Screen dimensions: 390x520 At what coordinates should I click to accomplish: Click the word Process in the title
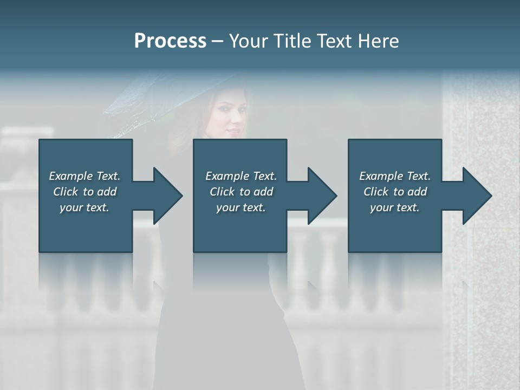[x=170, y=41]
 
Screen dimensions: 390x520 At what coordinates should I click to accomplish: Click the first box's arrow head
[x=167, y=196]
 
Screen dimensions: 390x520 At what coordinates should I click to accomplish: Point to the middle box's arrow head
[x=322, y=196]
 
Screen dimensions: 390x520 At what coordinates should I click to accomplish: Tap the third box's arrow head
[x=477, y=196]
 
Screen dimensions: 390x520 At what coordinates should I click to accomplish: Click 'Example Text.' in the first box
[x=84, y=176]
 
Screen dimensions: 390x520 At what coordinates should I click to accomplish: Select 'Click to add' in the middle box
[x=241, y=192]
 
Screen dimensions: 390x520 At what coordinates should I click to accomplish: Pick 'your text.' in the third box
[x=395, y=207]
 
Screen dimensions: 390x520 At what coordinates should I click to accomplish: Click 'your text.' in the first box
[x=84, y=207]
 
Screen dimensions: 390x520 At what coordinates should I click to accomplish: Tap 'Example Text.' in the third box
[x=395, y=176]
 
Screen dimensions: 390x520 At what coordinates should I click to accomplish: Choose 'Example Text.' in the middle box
[x=241, y=176]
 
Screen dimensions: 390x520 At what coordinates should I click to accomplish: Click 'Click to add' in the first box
[x=84, y=192]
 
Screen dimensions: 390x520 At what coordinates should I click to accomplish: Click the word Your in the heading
[x=248, y=41]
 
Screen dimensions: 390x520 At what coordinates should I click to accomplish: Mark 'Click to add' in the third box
[x=395, y=192]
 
